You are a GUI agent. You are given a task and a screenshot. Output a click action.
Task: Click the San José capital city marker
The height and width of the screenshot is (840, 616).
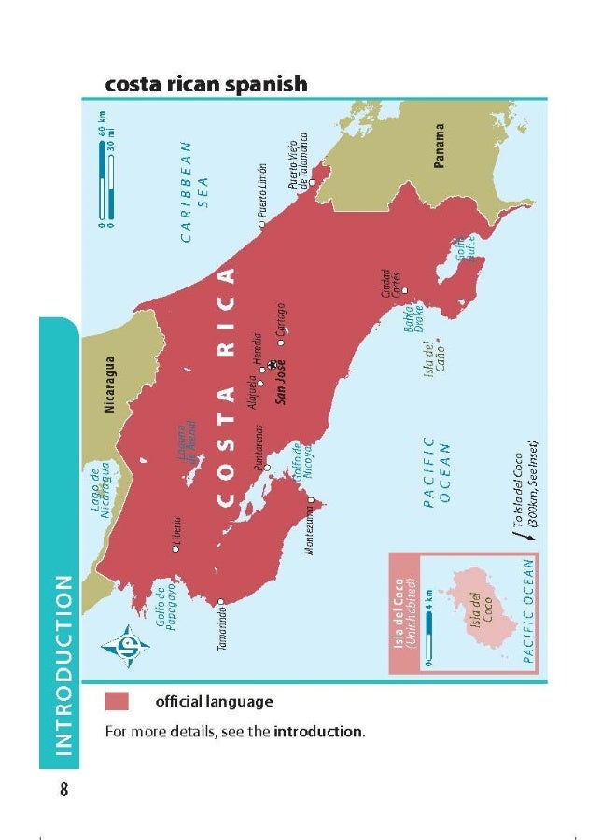coord(272,366)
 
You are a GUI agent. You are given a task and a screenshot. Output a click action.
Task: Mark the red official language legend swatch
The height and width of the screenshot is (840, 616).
coord(118,701)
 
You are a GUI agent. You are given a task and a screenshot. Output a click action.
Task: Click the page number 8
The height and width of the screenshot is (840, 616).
coord(63,790)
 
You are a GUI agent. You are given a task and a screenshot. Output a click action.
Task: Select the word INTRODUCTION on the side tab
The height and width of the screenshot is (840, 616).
coord(63,663)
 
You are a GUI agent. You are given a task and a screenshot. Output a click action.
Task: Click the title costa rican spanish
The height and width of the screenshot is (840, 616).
coord(206,84)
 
